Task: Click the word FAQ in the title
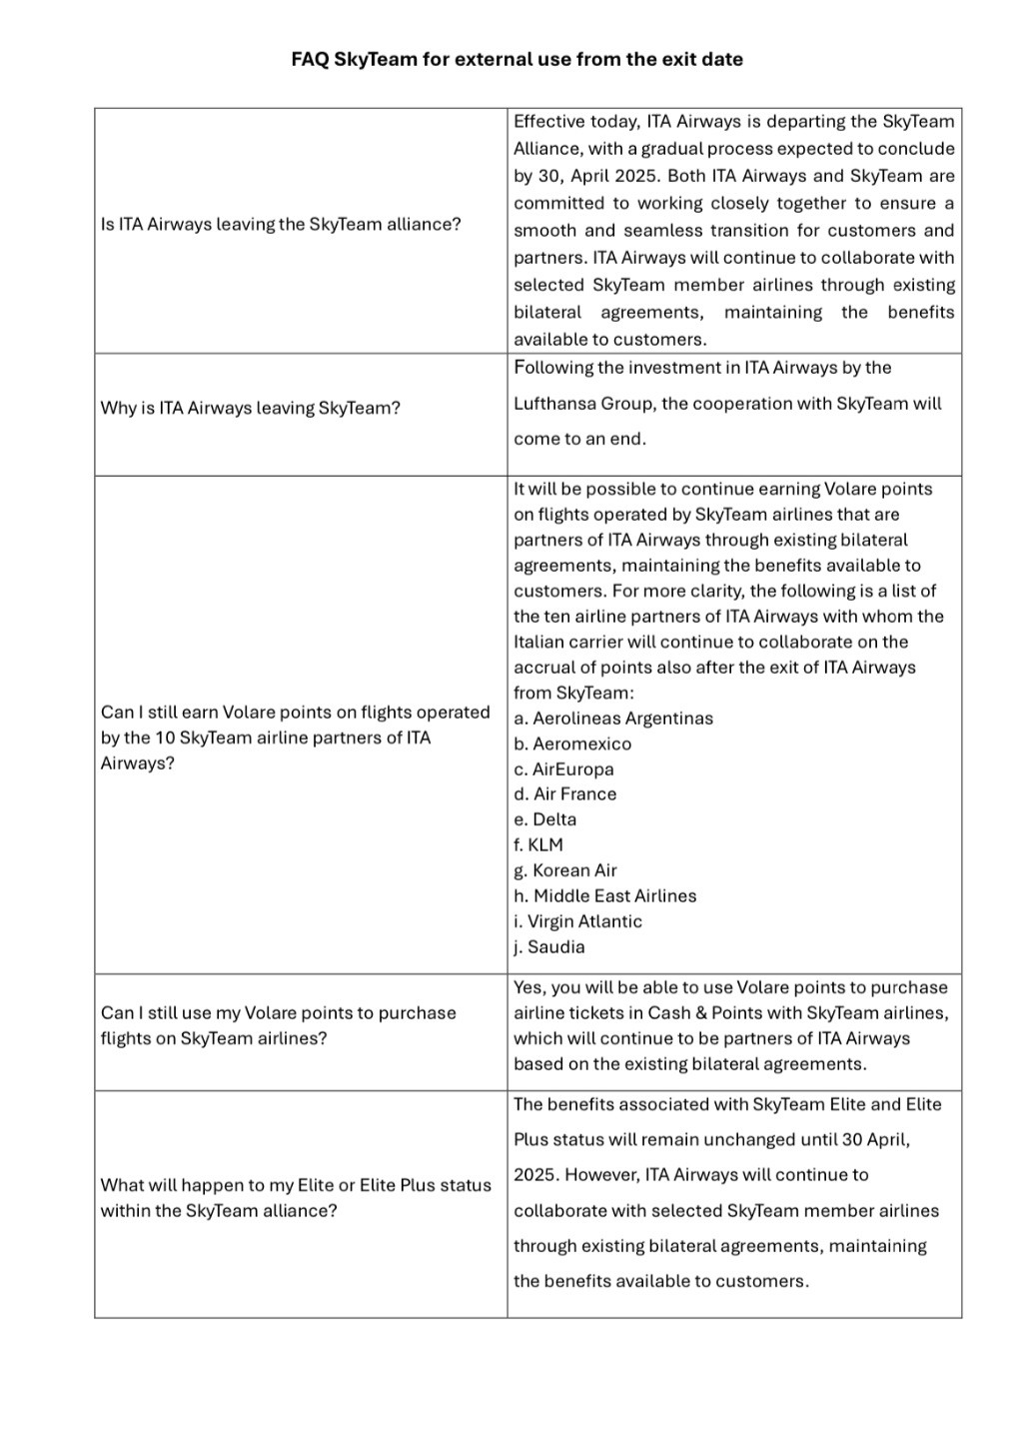click(310, 59)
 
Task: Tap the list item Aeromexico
click(581, 743)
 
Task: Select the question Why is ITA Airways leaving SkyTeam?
click(250, 408)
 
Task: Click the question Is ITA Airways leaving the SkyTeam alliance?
click(281, 224)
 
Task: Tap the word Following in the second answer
click(552, 368)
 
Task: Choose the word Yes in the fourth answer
click(527, 987)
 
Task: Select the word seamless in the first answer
click(662, 231)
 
